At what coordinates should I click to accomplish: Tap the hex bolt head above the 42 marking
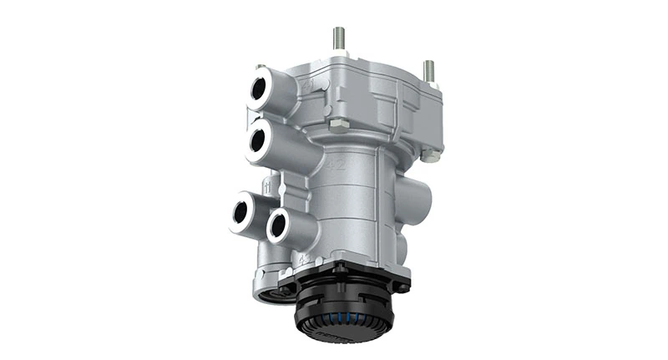(x=338, y=126)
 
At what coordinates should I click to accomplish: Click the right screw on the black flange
(x=402, y=286)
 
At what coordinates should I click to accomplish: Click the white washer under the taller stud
(x=340, y=54)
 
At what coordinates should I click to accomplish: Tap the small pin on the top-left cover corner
(x=261, y=67)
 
